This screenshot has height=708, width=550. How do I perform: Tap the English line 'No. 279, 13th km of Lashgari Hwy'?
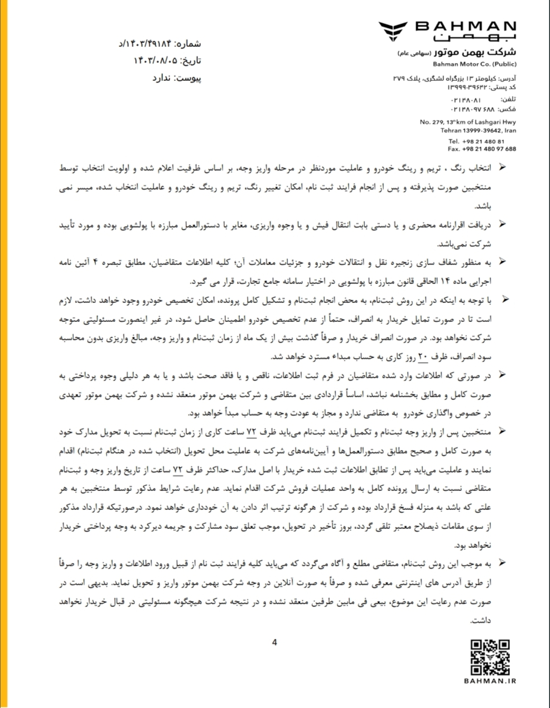click(468, 122)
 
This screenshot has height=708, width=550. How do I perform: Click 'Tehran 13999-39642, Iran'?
click(478, 131)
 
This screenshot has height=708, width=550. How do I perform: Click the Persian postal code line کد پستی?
click(482, 88)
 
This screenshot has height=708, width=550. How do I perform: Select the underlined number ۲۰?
click(422, 357)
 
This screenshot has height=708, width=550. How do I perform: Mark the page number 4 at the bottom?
click(274, 642)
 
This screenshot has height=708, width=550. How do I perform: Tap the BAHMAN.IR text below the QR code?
click(490, 681)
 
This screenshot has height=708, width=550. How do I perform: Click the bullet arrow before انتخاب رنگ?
click(503, 167)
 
